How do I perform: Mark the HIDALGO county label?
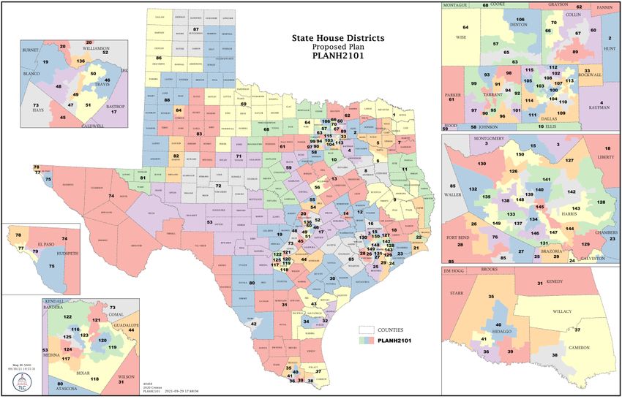point(498,330)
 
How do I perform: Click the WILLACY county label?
point(562,311)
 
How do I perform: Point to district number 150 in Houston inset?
point(520,154)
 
